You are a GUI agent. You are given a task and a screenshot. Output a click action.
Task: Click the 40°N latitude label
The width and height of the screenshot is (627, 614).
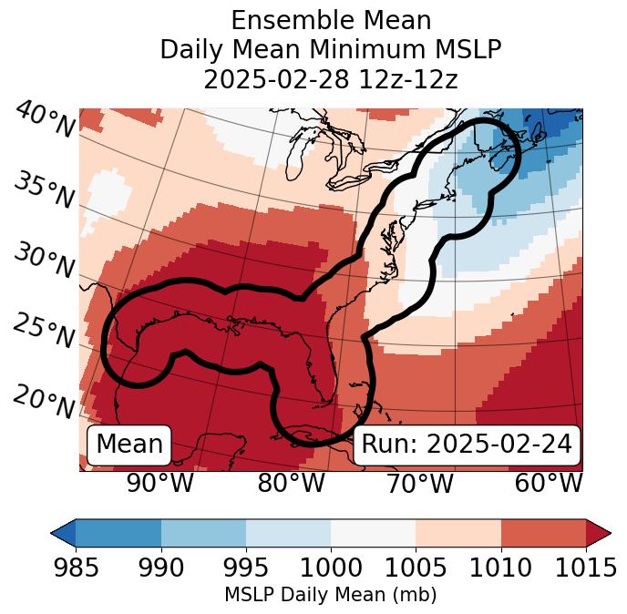(x=45, y=120)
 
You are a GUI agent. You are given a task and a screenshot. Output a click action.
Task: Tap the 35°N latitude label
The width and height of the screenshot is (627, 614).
(x=45, y=190)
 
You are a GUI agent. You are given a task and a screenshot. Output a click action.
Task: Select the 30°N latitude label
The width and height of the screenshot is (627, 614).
(x=45, y=261)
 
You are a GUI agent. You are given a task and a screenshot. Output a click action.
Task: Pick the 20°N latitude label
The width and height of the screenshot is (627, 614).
(x=45, y=401)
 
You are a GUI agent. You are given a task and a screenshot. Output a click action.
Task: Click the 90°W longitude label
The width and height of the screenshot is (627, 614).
(x=159, y=483)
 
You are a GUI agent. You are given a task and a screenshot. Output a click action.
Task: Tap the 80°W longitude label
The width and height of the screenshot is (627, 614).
(x=290, y=483)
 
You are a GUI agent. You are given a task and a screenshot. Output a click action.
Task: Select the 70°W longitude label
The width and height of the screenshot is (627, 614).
(x=418, y=483)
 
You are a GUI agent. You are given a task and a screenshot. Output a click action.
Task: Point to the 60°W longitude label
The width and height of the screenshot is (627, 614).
(x=548, y=483)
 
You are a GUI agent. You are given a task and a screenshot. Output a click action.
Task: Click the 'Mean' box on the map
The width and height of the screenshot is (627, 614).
(x=129, y=445)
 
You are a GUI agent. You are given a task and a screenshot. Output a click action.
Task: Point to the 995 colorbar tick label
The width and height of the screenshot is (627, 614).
(x=245, y=568)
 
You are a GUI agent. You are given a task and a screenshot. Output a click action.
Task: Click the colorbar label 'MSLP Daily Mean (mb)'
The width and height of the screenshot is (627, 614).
(x=330, y=595)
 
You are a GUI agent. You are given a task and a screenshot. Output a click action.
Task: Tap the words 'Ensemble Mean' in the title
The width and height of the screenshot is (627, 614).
(x=330, y=20)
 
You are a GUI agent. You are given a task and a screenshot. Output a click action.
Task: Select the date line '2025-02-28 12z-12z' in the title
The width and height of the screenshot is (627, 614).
(x=330, y=79)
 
